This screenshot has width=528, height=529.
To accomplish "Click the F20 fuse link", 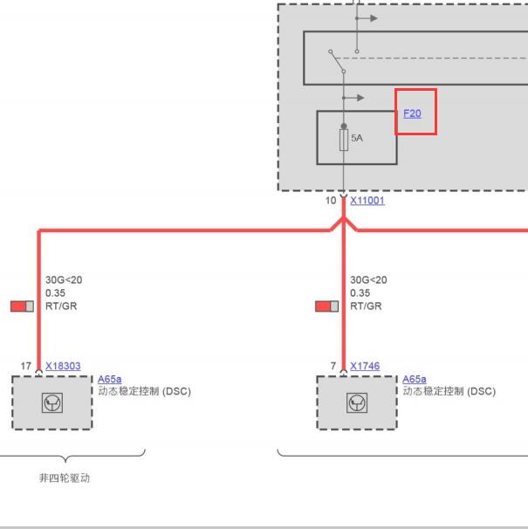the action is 412,113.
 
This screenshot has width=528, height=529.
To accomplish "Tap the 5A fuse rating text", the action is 357,138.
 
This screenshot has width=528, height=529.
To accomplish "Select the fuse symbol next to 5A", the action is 344,140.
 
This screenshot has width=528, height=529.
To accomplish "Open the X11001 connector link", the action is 367,201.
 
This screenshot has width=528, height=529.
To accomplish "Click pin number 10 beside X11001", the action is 331,201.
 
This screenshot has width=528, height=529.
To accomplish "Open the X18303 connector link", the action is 63,366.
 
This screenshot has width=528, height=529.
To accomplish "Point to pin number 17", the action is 26,366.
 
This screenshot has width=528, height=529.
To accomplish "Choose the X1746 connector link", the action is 365,366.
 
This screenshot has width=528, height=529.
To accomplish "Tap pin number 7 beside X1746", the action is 333,366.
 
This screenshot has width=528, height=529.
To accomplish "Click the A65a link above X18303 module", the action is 110,379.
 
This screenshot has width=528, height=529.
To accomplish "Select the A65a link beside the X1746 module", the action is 415,379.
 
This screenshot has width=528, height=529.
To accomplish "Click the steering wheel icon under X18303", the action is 52,402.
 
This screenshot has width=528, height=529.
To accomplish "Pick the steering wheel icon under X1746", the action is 357,402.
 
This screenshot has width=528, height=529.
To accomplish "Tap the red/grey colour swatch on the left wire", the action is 23,306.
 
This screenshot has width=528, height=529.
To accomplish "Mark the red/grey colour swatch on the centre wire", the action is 327,306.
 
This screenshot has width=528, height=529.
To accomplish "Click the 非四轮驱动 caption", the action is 65,478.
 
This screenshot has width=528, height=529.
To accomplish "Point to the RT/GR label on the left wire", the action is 61,306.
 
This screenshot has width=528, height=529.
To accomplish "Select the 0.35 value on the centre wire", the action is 360,292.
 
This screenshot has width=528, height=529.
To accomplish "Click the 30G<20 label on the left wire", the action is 64,279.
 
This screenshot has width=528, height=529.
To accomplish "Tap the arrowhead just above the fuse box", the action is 360,98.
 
